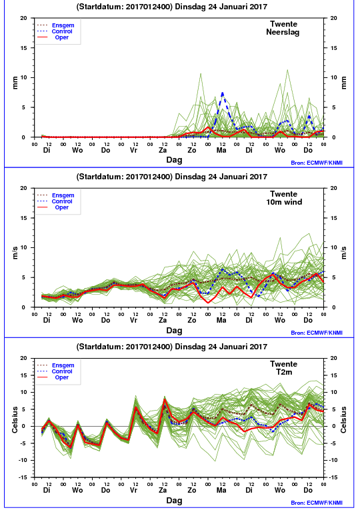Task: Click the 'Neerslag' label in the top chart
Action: [x=283, y=33]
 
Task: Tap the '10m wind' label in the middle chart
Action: [x=284, y=202]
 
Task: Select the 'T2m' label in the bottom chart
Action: [x=284, y=372]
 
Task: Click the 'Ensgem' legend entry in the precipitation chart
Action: [x=63, y=25]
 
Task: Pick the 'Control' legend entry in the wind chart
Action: [x=62, y=201]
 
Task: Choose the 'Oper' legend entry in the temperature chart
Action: [x=62, y=377]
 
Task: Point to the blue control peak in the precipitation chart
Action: [x=223, y=93]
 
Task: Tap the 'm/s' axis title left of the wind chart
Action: [x=15, y=253]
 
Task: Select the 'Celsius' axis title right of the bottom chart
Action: [x=343, y=419]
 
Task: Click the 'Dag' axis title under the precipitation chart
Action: [x=174, y=160]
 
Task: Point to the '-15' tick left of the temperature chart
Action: [x=23, y=477]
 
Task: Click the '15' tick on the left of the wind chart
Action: [x=24, y=218]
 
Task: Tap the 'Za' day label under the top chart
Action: [x=163, y=150]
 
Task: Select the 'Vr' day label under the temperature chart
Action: [x=133, y=490]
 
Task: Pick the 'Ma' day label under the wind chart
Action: [x=221, y=320]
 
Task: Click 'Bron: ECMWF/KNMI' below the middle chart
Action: [x=317, y=333]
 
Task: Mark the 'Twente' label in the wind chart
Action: [x=284, y=194]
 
